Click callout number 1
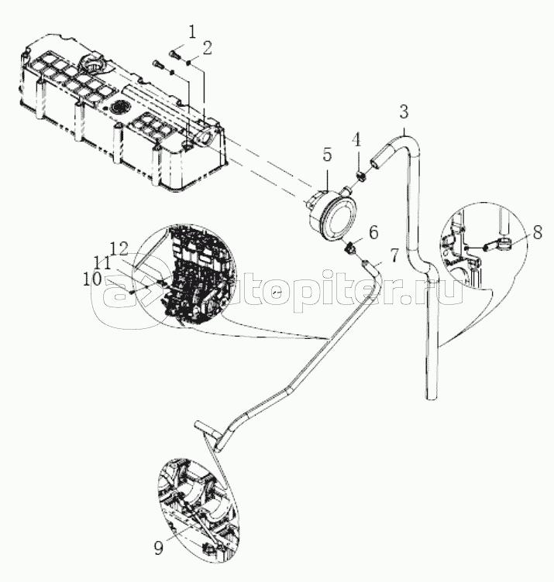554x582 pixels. click(191, 33)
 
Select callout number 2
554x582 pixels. click(207, 48)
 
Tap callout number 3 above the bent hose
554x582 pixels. click(404, 111)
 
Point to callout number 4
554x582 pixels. click(356, 140)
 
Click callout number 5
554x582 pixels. click(327, 155)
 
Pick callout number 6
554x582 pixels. click(373, 232)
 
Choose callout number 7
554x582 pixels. click(394, 255)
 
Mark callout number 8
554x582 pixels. click(537, 232)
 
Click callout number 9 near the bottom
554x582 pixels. click(158, 548)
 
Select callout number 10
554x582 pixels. click(91, 279)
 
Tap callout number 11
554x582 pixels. click(102, 264)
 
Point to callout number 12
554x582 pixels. click(119, 248)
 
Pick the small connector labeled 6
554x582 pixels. click(351, 249)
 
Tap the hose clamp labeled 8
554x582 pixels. click(505, 245)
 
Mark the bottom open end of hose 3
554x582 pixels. click(431, 399)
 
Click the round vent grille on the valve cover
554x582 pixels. click(119, 108)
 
